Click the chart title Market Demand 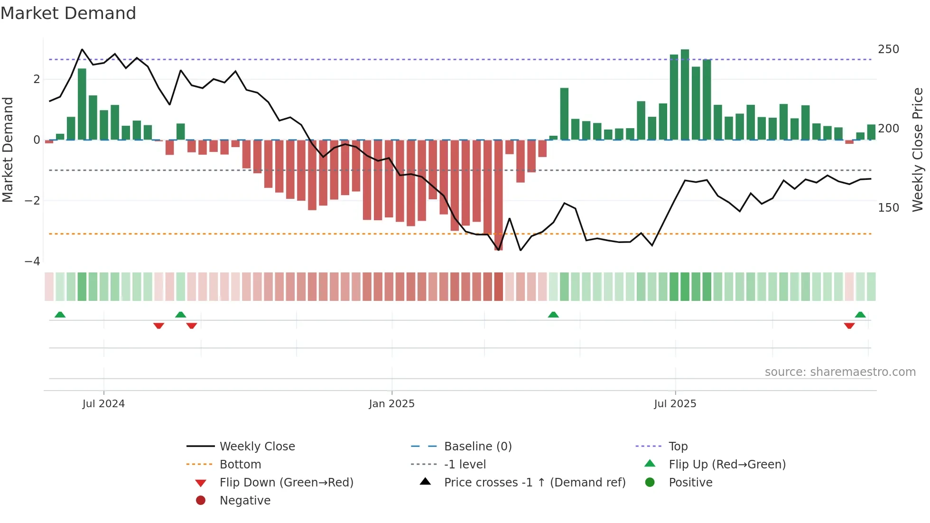(x=68, y=13)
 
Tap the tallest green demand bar (x=685, y=95)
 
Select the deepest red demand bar (x=498, y=195)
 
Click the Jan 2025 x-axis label (x=391, y=404)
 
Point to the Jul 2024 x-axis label (x=103, y=404)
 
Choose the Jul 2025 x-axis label (x=675, y=404)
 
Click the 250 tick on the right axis (x=888, y=49)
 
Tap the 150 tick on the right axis (x=888, y=208)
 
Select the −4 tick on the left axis (x=32, y=261)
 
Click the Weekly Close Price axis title (x=918, y=149)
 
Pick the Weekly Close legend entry (x=257, y=447)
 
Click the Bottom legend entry (x=240, y=465)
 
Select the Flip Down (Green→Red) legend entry (x=286, y=483)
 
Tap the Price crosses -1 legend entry (x=534, y=483)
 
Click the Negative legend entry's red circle (x=201, y=501)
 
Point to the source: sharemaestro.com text (x=840, y=372)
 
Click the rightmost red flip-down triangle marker (x=849, y=326)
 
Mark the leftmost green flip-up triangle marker (x=60, y=315)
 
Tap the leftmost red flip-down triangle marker (x=159, y=326)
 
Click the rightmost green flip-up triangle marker (x=860, y=315)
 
